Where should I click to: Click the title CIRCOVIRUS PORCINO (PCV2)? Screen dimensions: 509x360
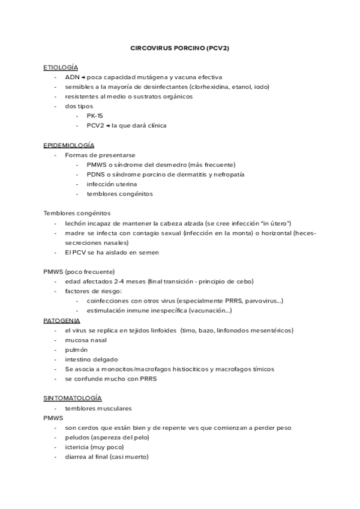click(x=179, y=48)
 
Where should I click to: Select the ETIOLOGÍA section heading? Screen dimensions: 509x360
click(x=61, y=67)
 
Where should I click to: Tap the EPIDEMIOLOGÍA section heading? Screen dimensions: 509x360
click(x=68, y=145)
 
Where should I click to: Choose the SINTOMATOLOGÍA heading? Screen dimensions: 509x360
click(x=73, y=399)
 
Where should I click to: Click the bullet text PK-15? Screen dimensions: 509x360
click(x=95, y=116)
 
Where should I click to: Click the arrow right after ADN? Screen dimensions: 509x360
click(x=83, y=77)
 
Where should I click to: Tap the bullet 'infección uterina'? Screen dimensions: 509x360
click(x=112, y=184)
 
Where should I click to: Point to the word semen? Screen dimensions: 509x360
click(x=148, y=252)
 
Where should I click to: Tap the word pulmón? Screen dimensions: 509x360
click(x=76, y=349)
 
